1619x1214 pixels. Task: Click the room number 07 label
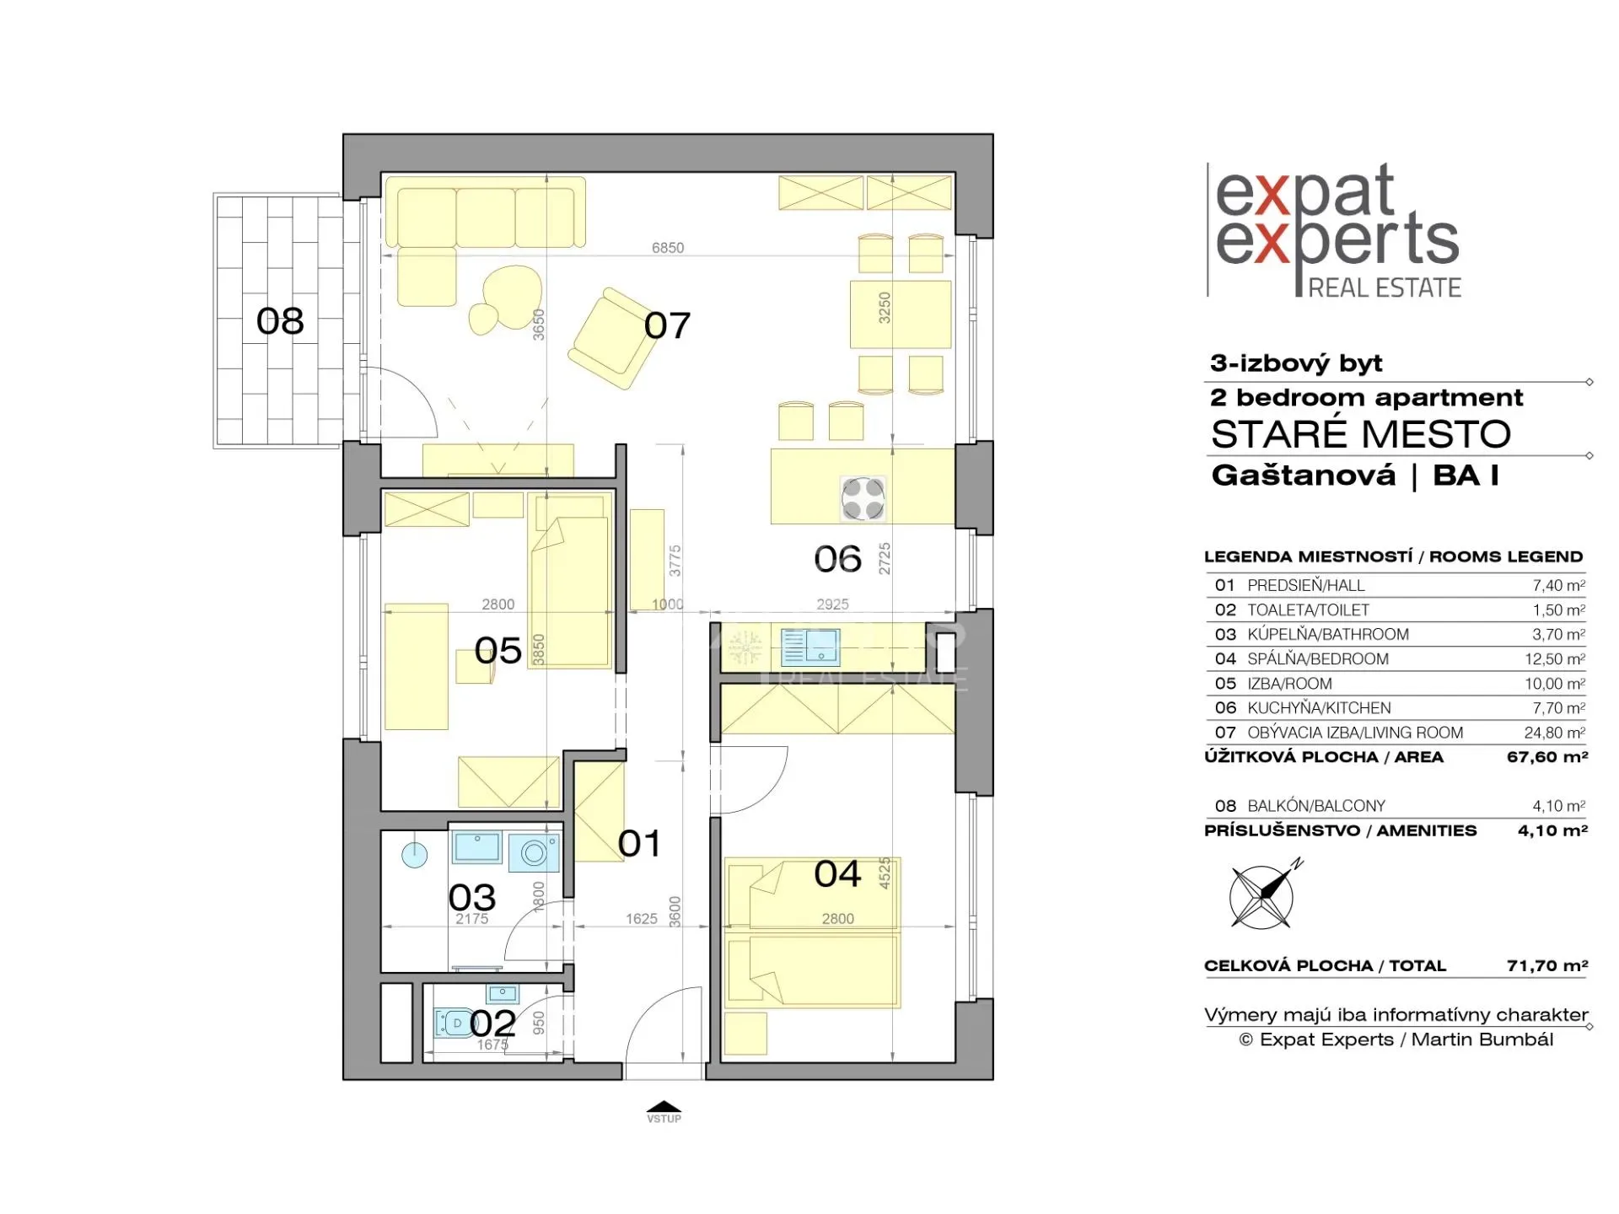coord(667,325)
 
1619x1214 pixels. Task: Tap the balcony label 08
coord(280,321)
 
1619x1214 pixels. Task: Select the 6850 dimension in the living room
coord(668,248)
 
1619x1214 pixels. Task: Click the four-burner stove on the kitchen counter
coord(863,497)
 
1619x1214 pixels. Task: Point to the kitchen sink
coord(810,647)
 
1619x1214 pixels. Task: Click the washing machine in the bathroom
coord(534,853)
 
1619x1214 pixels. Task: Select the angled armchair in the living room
coord(613,338)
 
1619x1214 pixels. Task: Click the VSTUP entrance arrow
coord(664,1107)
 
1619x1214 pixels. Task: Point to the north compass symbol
coord(1262,896)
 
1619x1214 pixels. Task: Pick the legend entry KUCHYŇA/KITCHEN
coord(1319,708)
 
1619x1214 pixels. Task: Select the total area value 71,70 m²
coord(1547,966)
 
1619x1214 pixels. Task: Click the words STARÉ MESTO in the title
coord(1361,434)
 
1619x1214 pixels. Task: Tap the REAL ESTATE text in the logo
coord(1385,288)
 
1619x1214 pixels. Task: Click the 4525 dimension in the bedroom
coord(885,873)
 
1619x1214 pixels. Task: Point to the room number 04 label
coord(837,874)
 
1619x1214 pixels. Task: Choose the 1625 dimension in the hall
coord(642,919)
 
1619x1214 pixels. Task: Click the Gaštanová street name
coord(1304,475)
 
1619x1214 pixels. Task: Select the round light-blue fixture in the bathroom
coord(414,855)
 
